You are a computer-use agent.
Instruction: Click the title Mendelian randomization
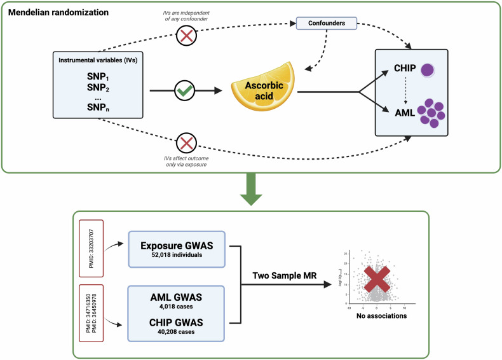tap(58, 12)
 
